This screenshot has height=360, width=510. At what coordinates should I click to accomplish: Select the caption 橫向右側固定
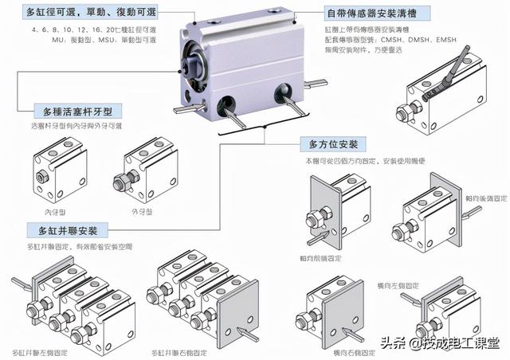tap(328, 350)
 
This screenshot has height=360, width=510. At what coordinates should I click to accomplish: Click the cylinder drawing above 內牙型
tap(59, 170)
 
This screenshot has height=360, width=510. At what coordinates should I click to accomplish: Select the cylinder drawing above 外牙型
tap(143, 172)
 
